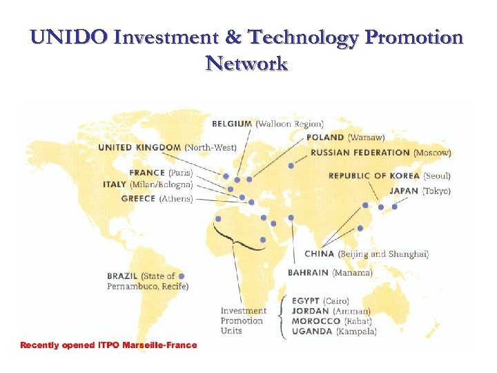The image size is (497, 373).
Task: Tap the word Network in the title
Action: pyautogui.click(x=246, y=64)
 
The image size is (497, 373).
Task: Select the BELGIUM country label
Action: pyautogui.click(x=232, y=124)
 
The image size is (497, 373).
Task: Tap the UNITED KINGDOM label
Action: pyautogui.click(x=140, y=147)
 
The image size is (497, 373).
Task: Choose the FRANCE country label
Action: pyautogui.click(x=148, y=173)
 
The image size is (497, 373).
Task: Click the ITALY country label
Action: pyautogui.click(x=115, y=184)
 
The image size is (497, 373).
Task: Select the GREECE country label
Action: pyautogui.click(x=138, y=199)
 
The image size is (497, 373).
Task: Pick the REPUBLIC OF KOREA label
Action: pyautogui.click(x=374, y=176)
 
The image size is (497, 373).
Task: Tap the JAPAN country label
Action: pyautogui.click(x=405, y=191)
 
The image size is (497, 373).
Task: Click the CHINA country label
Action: pyautogui.click(x=320, y=254)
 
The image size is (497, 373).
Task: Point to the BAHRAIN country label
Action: pyautogui.click(x=308, y=273)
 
